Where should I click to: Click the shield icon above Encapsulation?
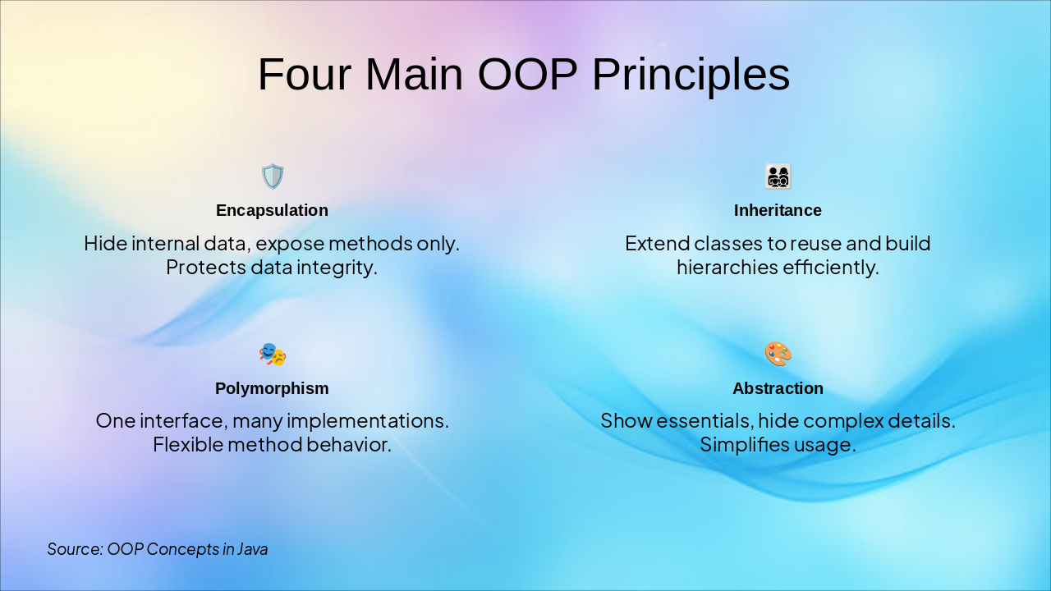tap(272, 176)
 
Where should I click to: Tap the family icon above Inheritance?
tap(778, 176)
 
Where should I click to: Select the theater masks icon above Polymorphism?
tap(272, 355)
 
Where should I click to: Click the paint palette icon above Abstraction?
tap(778, 355)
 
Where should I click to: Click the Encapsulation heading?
tap(272, 211)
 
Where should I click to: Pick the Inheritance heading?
tap(778, 211)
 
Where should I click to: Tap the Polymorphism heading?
tap(272, 388)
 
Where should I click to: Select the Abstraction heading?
tap(778, 388)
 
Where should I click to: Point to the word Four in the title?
tap(304, 75)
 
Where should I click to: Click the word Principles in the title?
tap(691, 75)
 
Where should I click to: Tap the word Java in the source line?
tap(252, 549)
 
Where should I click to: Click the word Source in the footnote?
tap(74, 549)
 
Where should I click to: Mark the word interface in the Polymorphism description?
tap(182, 421)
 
